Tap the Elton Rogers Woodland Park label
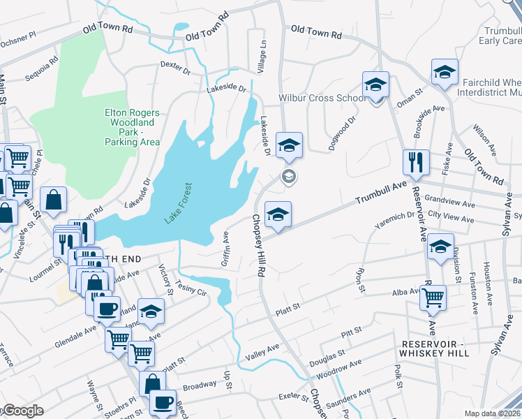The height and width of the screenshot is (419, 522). point(132,126)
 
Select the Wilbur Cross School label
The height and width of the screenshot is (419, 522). point(322,98)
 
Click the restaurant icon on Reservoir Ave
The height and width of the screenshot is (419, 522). point(416,163)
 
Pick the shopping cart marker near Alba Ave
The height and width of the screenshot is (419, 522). point(433,297)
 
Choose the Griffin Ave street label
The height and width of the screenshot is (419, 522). point(225,249)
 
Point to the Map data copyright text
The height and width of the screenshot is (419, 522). point(492,413)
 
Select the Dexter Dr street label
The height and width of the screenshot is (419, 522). point(175,66)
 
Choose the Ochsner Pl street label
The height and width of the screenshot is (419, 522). point(18,44)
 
